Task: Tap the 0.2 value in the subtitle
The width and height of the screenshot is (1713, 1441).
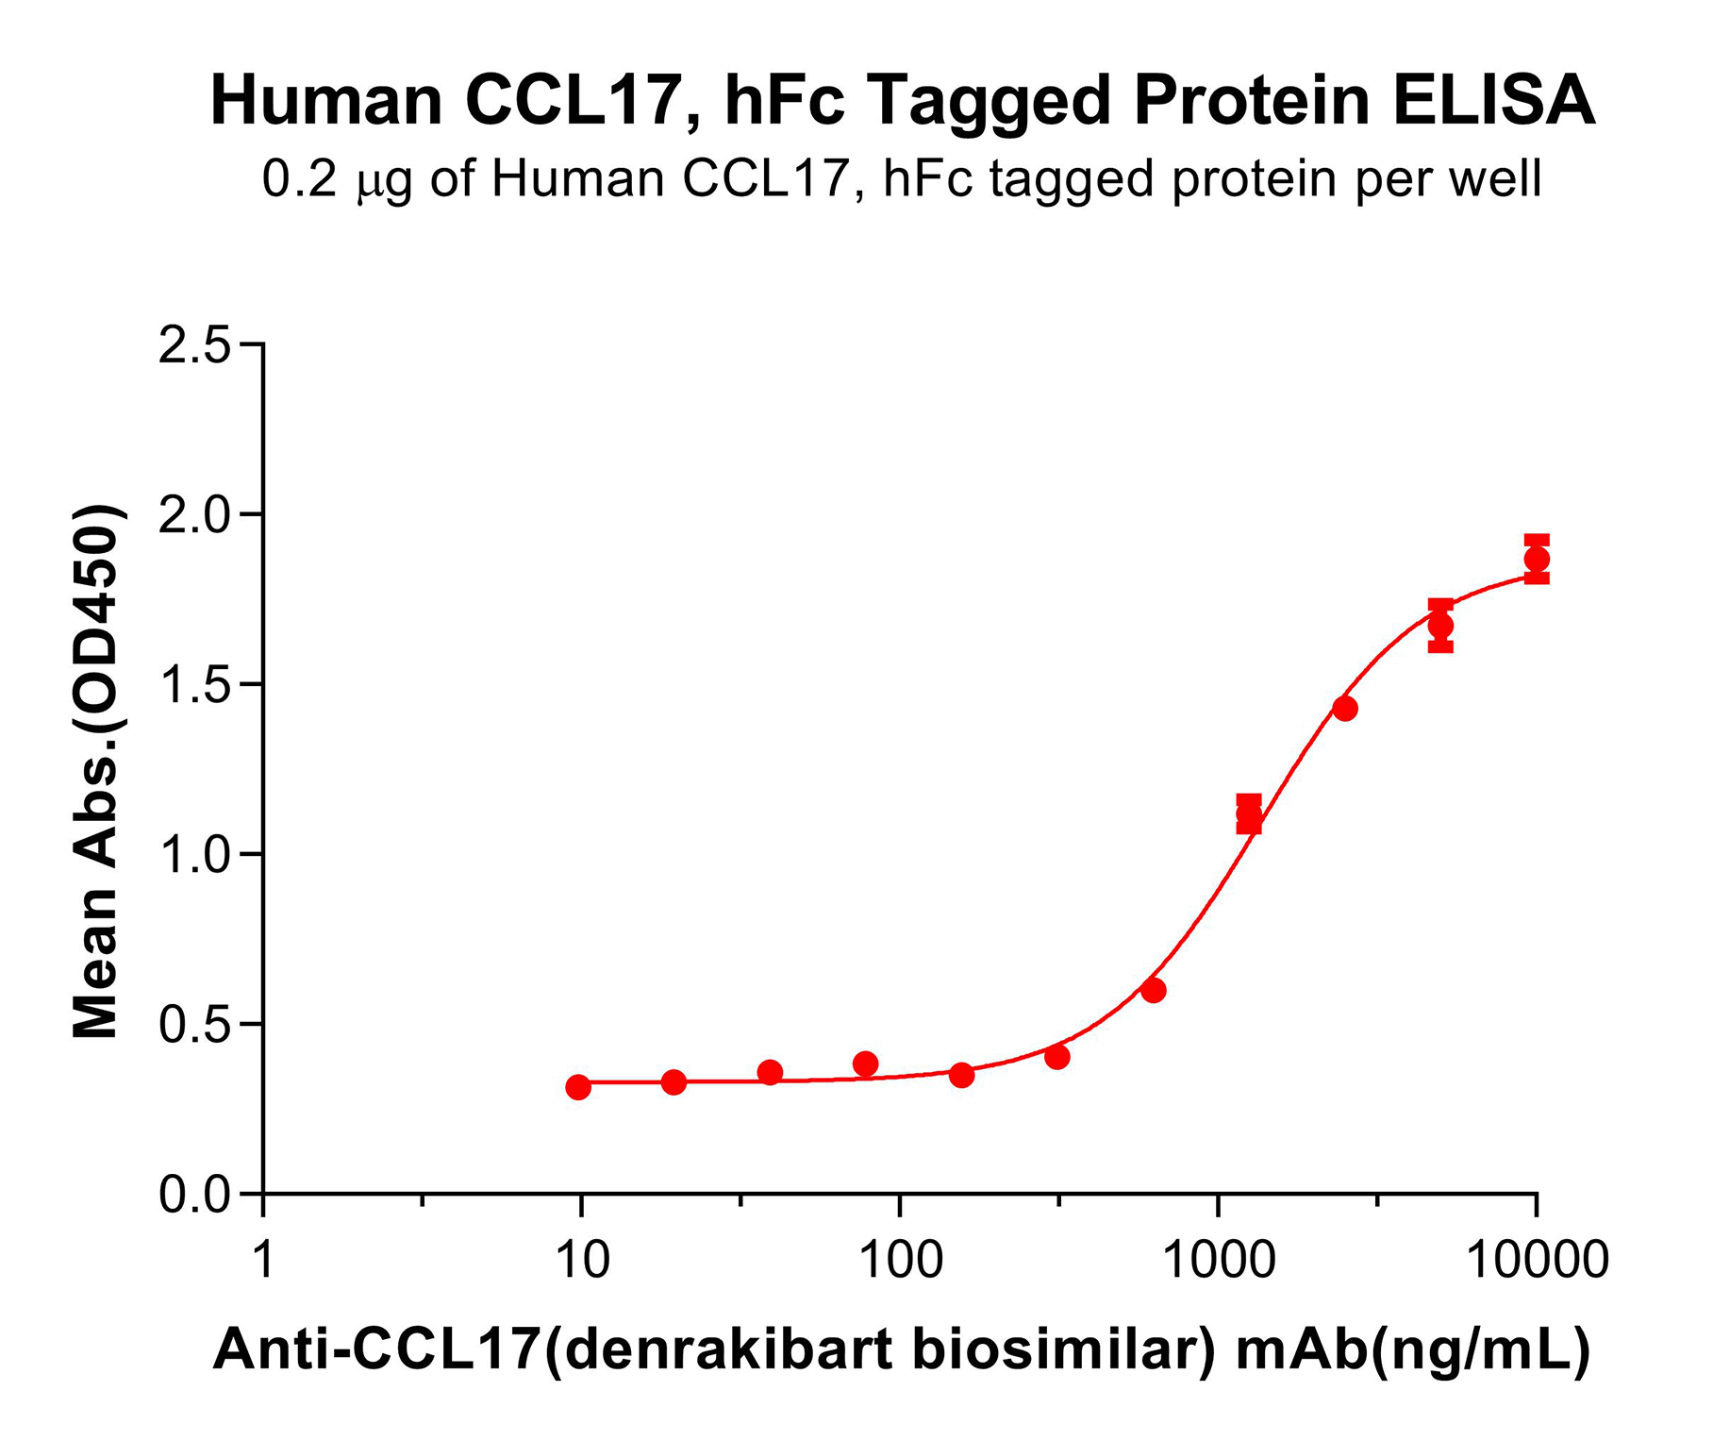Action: coord(299,178)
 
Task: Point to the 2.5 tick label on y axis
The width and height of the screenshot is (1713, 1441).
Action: coord(194,346)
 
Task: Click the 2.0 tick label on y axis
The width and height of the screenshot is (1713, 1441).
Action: coord(194,516)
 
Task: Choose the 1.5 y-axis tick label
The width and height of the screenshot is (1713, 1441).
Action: coord(194,686)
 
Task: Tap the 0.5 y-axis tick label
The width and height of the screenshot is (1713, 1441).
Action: coord(194,1026)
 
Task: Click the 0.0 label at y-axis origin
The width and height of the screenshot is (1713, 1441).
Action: coord(194,1196)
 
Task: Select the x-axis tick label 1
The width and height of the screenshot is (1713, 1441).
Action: coord(264,1260)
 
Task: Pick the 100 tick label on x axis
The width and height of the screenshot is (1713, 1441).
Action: coord(901,1260)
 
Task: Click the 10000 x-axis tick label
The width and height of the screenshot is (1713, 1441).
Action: coord(1537,1260)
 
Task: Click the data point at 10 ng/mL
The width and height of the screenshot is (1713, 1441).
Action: coord(578,1087)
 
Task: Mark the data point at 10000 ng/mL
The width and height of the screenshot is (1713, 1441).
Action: coord(1537,559)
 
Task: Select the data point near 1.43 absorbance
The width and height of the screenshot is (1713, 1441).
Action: coord(1345,708)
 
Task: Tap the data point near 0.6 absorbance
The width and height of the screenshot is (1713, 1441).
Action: coord(1153,990)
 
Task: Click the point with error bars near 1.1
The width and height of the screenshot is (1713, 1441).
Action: coord(1249,814)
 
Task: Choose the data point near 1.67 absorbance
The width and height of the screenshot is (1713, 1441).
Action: coord(1440,626)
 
